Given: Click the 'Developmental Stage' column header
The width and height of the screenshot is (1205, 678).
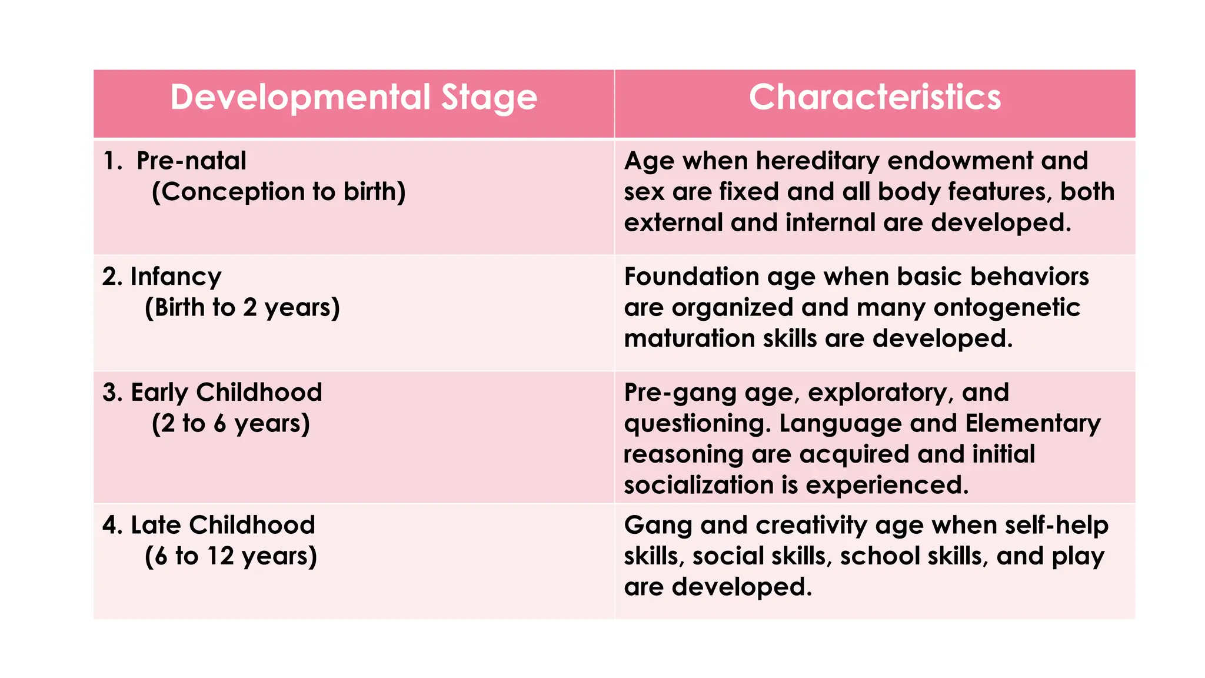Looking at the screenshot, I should click(354, 98).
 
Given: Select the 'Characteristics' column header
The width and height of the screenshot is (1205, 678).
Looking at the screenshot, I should click(874, 98).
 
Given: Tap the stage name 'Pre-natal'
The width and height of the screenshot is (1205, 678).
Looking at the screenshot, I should click(191, 161).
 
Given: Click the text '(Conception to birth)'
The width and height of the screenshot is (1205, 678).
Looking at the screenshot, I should click(278, 192).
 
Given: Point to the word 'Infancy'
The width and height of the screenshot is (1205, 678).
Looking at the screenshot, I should click(176, 277).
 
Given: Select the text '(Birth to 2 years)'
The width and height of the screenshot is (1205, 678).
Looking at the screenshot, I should click(242, 308).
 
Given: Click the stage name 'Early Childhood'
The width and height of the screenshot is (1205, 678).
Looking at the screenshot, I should click(227, 393).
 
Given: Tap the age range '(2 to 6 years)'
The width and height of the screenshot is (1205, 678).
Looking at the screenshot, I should click(231, 424).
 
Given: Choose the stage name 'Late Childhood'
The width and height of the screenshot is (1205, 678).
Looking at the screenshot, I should click(223, 525).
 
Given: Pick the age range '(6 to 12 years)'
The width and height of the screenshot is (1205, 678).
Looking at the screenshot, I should click(231, 556).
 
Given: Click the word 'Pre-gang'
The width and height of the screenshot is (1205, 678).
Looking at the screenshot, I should click(680, 393).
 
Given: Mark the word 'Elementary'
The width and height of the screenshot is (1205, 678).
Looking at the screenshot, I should click(1033, 424).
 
